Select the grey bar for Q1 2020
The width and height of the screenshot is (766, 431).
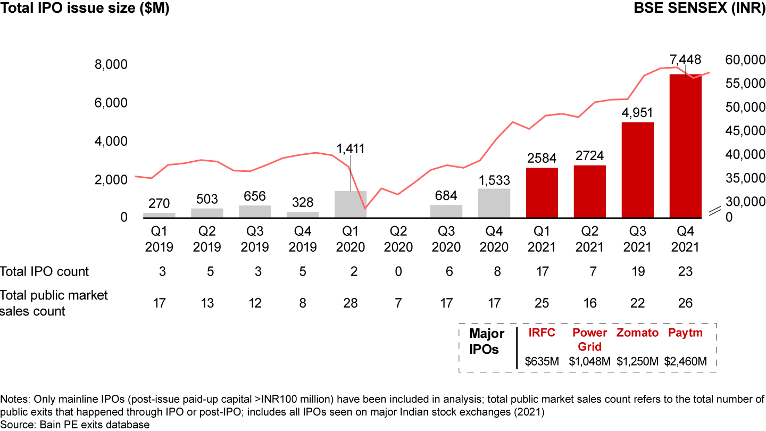(x=351, y=204)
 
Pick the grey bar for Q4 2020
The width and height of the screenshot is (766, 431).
(x=494, y=203)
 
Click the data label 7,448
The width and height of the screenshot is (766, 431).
(x=685, y=60)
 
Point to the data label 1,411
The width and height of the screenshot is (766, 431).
(x=351, y=148)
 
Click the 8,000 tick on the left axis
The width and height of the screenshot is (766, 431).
(x=111, y=64)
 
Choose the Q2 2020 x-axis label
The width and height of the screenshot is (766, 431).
(x=398, y=239)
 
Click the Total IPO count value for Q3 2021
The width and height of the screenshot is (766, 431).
(x=637, y=271)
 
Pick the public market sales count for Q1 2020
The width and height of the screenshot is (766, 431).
(x=351, y=303)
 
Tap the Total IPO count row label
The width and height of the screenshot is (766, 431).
(x=45, y=271)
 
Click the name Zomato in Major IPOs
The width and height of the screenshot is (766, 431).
(x=637, y=333)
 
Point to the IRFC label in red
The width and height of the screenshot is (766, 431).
(x=542, y=333)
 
